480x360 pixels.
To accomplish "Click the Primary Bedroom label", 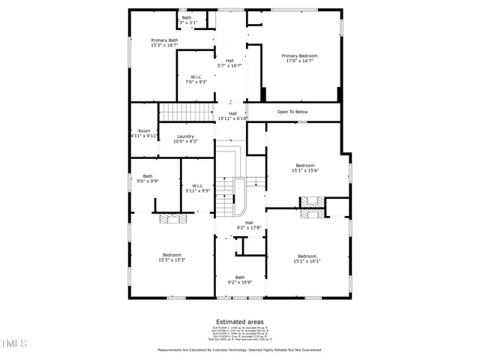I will (x=299, y=58).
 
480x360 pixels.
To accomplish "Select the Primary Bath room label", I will (x=164, y=43).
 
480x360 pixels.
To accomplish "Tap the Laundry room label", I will (x=185, y=139).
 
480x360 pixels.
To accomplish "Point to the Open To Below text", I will (x=292, y=112).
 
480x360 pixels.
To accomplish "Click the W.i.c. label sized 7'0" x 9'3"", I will (x=196, y=79).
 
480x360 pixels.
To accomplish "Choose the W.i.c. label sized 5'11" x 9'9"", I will (x=198, y=188).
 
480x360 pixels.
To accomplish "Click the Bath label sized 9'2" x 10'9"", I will (x=239, y=280).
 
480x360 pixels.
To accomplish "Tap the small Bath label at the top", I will (x=186, y=20).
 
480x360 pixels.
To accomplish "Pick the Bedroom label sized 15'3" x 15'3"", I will (x=172, y=257).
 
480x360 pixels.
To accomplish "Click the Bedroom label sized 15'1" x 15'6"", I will (x=305, y=168).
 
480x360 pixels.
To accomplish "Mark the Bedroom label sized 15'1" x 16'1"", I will (x=305, y=259).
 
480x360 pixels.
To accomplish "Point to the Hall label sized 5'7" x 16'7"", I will (x=229, y=63).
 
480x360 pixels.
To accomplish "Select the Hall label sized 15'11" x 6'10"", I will (x=232, y=116).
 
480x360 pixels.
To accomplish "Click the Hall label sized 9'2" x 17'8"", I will (x=249, y=225).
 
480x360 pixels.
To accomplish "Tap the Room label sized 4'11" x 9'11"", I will (x=143, y=133).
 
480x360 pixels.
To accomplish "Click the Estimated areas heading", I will (x=239, y=322).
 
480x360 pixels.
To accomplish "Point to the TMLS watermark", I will (x=13, y=344).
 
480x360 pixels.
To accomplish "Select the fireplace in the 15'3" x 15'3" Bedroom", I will (x=172, y=218).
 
